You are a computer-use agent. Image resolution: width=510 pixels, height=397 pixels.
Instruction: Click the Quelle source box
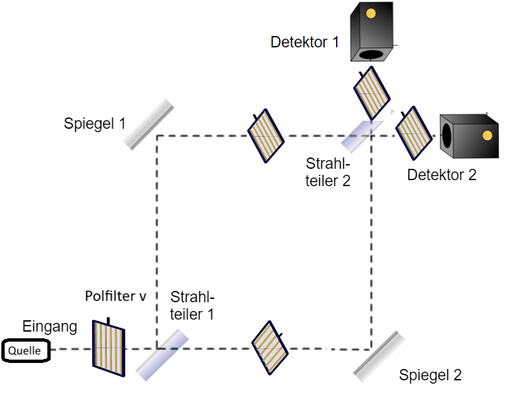click(25, 350)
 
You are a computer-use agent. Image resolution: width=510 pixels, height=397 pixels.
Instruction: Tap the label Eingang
click(50, 327)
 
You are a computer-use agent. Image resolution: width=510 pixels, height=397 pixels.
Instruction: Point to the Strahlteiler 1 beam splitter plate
click(163, 354)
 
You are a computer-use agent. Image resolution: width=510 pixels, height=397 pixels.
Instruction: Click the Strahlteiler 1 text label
click(193, 305)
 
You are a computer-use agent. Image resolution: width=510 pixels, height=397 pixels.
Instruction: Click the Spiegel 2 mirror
click(380, 357)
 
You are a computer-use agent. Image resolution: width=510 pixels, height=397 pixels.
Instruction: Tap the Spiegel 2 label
click(430, 375)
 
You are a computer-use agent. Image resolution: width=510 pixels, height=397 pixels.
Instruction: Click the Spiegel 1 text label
click(95, 123)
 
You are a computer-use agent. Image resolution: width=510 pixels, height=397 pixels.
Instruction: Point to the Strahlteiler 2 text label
click(328, 171)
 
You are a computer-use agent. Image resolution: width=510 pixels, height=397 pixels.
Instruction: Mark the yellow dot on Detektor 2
click(487, 135)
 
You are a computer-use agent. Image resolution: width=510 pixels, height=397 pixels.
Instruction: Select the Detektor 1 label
click(305, 43)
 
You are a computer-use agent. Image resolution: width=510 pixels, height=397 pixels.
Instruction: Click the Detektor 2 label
click(441, 175)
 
